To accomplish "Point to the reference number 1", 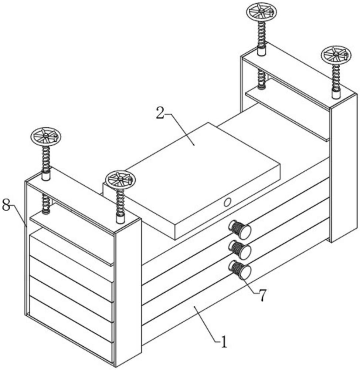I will click(223, 343).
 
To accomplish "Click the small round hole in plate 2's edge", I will click(228, 202).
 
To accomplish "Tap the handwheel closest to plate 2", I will click(120, 179).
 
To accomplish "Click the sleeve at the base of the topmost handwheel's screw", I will click(262, 50).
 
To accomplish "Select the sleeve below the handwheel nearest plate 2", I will click(120, 218).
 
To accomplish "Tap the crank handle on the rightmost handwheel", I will click(346, 56).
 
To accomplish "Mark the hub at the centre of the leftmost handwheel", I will click(46, 136).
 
